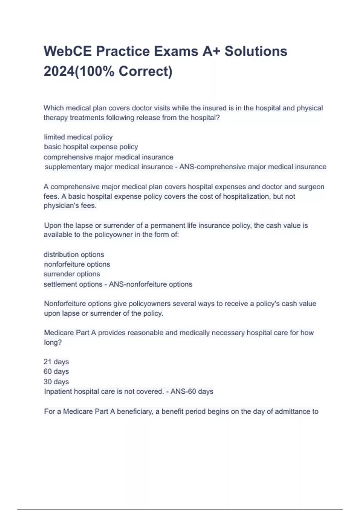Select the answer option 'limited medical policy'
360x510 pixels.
point(78,137)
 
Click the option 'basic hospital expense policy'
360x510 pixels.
point(91,147)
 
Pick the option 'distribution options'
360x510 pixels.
point(74,254)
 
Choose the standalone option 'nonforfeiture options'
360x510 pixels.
point(77,264)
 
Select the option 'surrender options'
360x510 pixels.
point(72,274)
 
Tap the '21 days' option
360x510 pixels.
point(56,362)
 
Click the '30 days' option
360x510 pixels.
point(56,382)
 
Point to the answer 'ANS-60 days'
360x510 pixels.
point(192,391)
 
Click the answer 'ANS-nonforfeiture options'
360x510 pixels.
point(151,284)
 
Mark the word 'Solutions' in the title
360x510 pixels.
point(256,51)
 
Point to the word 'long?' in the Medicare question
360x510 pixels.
point(53,342)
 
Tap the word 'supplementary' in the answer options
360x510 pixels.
point(68,167)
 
